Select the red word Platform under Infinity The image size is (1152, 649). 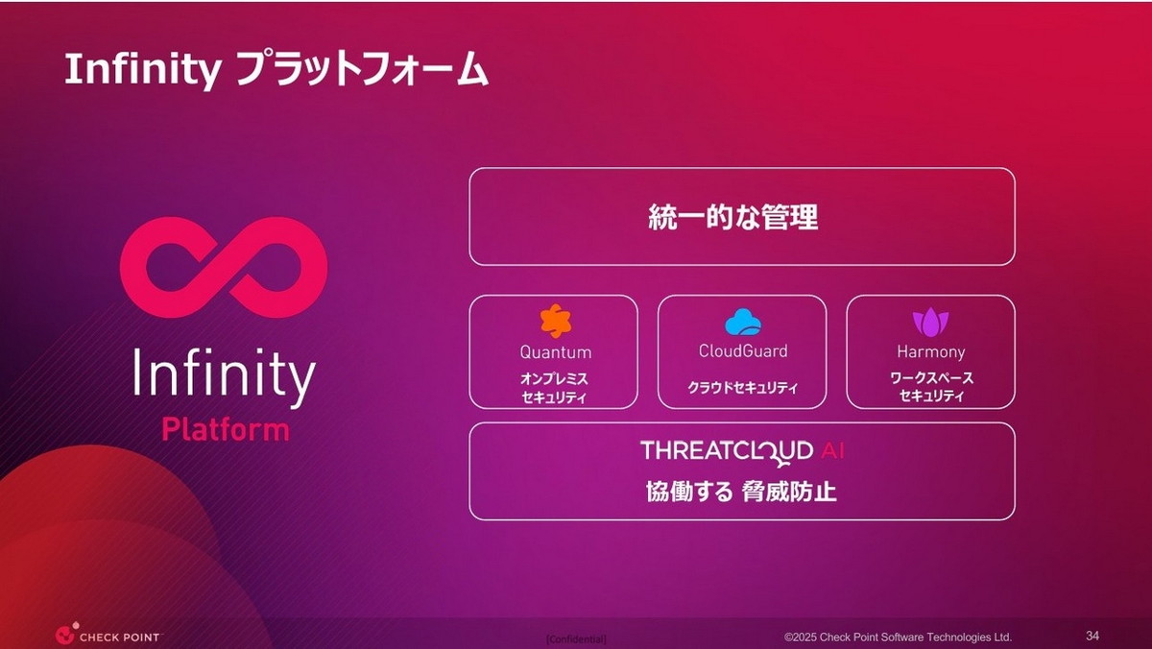point(225,429)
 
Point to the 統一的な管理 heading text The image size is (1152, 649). point(733,217)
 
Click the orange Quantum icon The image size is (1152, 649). point(554,321)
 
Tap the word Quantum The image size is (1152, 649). point(555,352)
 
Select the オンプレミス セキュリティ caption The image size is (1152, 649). point(554,387)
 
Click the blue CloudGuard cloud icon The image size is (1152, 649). point(742,321)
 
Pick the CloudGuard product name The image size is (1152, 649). point(742,351)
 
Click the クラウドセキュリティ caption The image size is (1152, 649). point(742,388)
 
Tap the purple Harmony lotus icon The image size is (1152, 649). point(930,322)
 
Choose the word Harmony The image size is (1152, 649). point(930,352)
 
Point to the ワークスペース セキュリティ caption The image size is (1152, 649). point(931,387)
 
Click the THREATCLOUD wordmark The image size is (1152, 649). point(727,451)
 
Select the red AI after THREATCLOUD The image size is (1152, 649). point(832,450)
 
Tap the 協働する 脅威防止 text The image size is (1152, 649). point(741,493)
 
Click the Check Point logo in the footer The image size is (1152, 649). point(108,635)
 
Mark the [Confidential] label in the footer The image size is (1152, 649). point(576,639)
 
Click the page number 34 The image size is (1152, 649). point(1092,636)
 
